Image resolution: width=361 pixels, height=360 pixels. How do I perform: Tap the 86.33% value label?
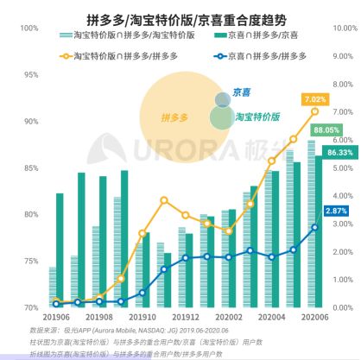click(x=340, y=153)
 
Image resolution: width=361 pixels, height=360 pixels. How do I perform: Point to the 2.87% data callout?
click(x=336, y=211)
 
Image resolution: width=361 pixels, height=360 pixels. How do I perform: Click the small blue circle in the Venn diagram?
click(x=223, y=99)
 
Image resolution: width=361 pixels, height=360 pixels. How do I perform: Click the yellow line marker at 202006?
click(x=314, y=111)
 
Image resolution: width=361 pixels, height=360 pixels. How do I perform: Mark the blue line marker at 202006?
click(x=314, y=227)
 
